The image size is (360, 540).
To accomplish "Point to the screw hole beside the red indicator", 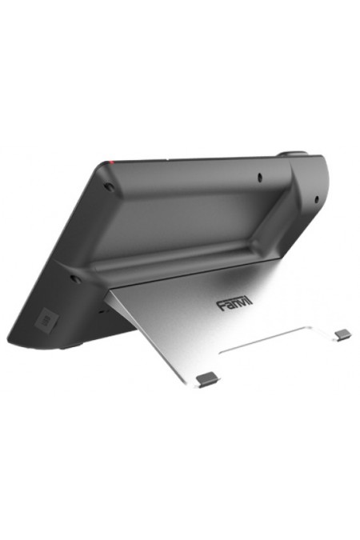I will pyautogui.click(x=109, y=189).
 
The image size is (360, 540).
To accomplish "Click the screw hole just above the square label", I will pyautogui.click(x=74, y=279).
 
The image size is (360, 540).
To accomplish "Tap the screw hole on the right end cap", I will pyautogui.click(x=318, y=198).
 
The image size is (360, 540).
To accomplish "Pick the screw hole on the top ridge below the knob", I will pyautogui.click(x=261, y=174).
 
